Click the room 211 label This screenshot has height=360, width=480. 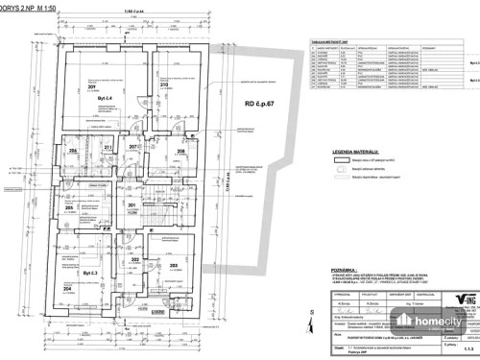point(108,147)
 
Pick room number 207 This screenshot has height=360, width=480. point(134,147)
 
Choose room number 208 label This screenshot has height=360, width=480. point(181,151)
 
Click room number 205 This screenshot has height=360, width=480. point(69,206)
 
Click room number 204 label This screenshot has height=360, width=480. point(67,287)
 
